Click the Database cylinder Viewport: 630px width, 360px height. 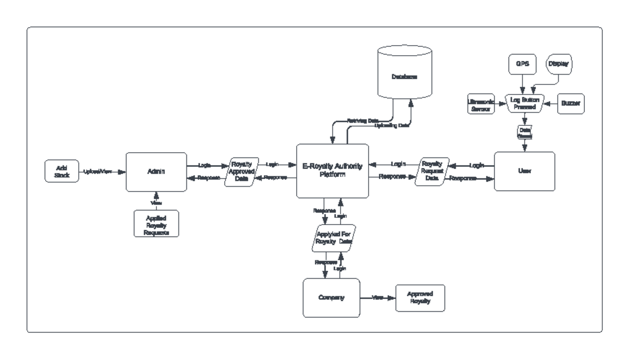point(404,77)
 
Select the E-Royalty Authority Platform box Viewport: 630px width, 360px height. point(332,171)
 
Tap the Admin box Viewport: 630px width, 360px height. point(156,172)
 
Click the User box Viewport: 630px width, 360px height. point(524,172)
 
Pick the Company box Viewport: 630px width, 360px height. point(331,298)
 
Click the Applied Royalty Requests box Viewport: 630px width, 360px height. point(155,224)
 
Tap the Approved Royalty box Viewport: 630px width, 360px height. point(419,298)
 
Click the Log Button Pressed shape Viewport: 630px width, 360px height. point(524,103)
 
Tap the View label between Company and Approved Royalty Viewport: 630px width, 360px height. point(377,298)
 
